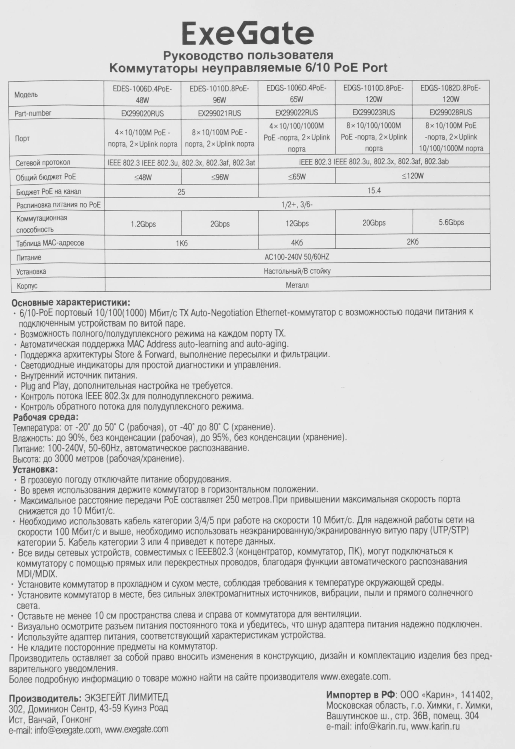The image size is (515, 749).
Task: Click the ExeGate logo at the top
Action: [248, 34]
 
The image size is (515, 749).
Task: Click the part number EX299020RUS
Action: [142, 113]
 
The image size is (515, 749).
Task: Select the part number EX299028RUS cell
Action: [451, 112]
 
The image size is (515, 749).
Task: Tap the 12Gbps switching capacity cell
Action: [297, 224]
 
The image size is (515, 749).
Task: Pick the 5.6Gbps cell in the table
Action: [451, 222]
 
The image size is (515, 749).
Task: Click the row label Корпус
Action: [27, 286]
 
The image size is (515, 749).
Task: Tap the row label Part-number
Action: [33, 113]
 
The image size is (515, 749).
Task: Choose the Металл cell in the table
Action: [297, 285]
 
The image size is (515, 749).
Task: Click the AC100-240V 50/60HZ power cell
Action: [297, 257]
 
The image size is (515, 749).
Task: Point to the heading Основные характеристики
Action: [71, 303]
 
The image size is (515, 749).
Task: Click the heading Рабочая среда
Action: [46, 417]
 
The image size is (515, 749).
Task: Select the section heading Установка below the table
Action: [36, 469]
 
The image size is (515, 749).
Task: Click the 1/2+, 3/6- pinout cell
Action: [297, 205]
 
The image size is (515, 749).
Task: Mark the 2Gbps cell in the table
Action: [220, 224]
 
